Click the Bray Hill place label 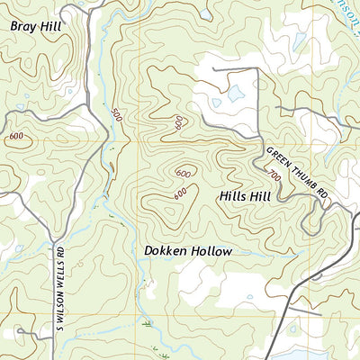[x=37, y=27]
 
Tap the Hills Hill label [x=245, y=195]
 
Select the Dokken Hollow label [x=188, y=252]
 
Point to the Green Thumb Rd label [x=296, y=170]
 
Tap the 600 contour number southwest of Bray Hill [x=16, y=136]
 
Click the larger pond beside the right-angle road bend [x=236, y=93]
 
